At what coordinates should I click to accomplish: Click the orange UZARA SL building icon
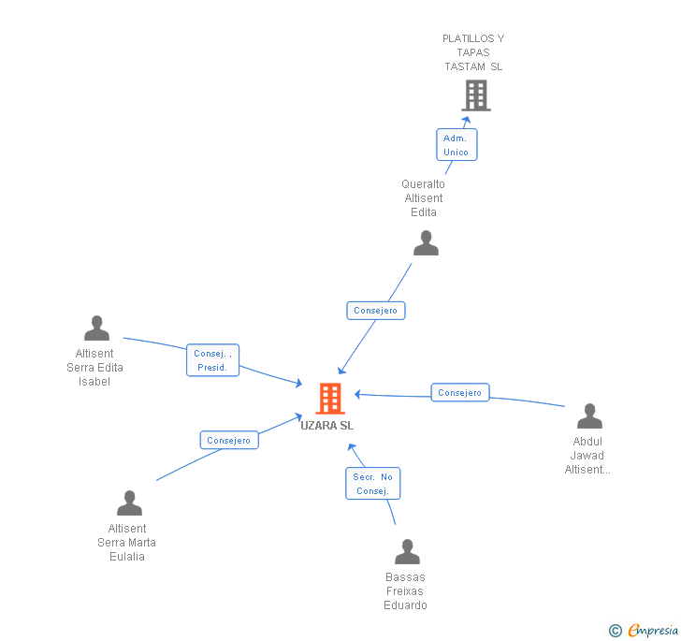[x=329, y=399]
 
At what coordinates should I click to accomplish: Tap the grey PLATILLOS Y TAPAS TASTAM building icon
[x=475, y=95]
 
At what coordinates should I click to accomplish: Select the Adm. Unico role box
[x=456, y=145]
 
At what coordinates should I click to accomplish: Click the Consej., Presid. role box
[x=213, y=360]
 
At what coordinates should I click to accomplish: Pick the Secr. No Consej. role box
[x=372, y=484]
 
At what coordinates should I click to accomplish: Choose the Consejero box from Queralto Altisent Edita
[x=376, y=311]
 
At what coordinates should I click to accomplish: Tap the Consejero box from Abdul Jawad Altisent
[x=460, y=393]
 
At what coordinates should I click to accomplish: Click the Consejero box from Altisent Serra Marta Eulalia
[x=229, y=440]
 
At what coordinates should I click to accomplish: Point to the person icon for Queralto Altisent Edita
[x=426, y=243]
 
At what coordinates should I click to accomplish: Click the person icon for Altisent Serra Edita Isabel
[x=96, y=328]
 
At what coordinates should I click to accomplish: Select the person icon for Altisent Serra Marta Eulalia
[x=129, y=503]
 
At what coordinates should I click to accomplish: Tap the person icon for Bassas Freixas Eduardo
[x=407, y=552]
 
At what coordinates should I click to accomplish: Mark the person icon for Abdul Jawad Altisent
[x=589, y=416]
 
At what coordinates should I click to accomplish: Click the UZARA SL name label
[x=327, y=426]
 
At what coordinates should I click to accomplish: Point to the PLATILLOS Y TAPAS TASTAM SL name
[x=473, y=52]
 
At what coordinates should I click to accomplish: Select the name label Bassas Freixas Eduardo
[x=406, y=591]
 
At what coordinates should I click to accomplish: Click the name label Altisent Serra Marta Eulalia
[x=126, y=543]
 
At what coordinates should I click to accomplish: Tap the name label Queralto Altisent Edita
[x=423, y=198]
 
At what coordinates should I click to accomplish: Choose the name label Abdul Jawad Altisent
[x=587, y=456]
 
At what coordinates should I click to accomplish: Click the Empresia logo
[x=645, y=631]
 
